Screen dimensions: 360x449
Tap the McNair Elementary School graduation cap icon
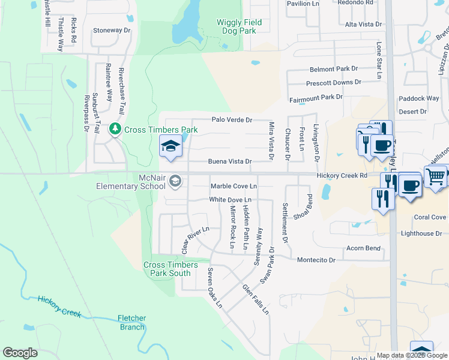pos(175,181)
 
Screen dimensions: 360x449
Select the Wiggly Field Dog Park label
pos(239,26)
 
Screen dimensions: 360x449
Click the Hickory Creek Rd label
pos(342,175)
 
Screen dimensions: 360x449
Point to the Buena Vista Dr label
pos(229,161)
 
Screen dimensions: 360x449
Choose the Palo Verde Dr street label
pos(231,120)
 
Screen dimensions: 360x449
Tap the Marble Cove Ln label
pos(234,186)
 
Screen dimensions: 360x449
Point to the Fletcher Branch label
pos(131,323)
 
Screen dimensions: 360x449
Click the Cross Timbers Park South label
pos(167,269)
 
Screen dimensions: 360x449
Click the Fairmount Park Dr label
pos(316,97)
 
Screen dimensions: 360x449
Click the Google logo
pos(20,353)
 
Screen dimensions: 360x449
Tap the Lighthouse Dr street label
pos(421,233)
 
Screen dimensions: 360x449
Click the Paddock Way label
pos(419,98)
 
